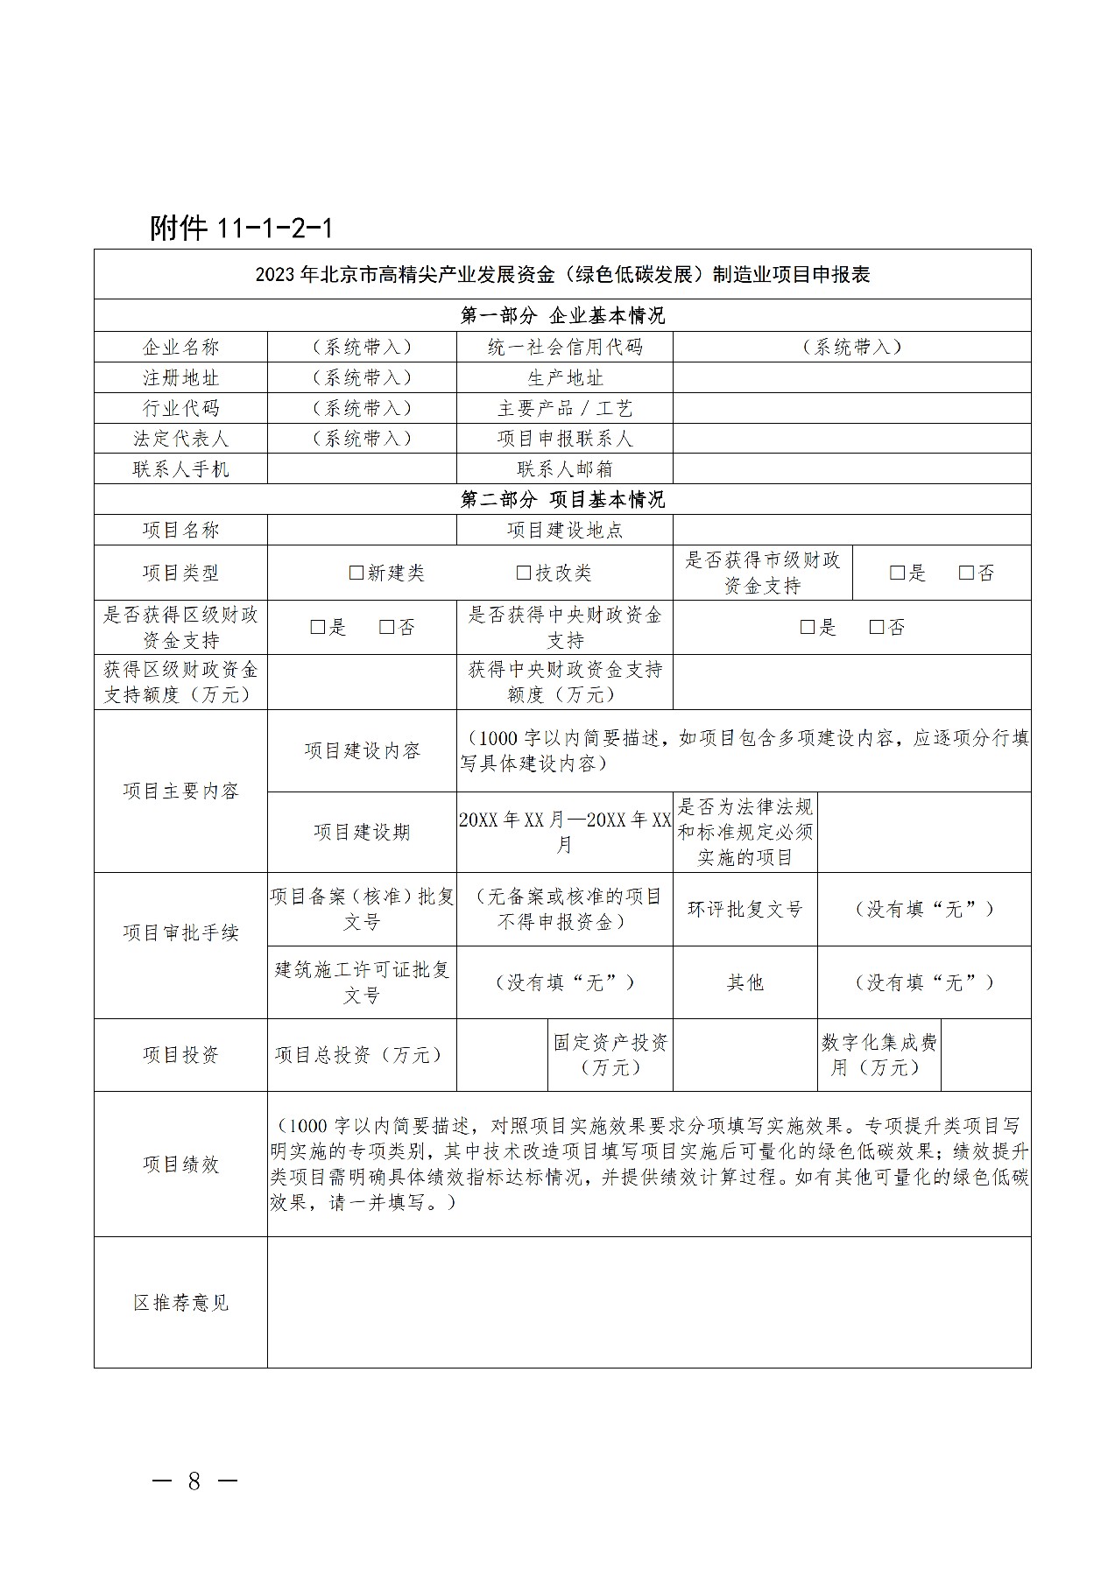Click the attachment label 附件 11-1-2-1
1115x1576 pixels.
coord(242,228)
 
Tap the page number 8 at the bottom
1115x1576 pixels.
coord(194,1481)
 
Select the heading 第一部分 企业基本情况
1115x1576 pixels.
coord(562,315)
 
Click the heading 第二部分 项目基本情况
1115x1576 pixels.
coord(562,499)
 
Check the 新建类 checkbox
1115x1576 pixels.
coord(356,573)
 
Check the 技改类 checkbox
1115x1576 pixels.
coord(524,573)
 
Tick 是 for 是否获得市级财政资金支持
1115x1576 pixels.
coord(897,573)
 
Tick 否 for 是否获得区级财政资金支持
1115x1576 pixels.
coord(387,627)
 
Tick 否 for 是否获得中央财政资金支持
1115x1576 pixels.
coord(877,627)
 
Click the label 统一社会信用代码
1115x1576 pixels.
coord(565,347)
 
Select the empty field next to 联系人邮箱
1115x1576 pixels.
coord(851,468)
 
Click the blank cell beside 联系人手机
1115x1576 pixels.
coord(362,468)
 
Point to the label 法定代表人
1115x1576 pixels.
coord(180,438)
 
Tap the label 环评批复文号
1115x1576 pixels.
coord(745,909)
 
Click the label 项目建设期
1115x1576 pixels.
coord(362,832)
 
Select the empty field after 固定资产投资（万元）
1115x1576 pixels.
coord(745,1054)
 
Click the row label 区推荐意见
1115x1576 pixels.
coord(180,1302)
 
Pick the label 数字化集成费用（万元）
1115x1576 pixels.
coord(879,1054)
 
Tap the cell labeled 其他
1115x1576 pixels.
coord(745,982)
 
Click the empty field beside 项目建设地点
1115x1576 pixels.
coord(851,530)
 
